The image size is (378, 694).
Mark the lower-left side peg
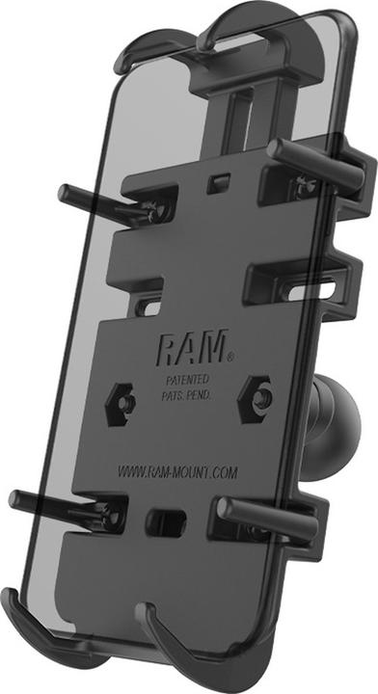click(48, 500)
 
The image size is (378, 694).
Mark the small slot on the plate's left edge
click(148, 307)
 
